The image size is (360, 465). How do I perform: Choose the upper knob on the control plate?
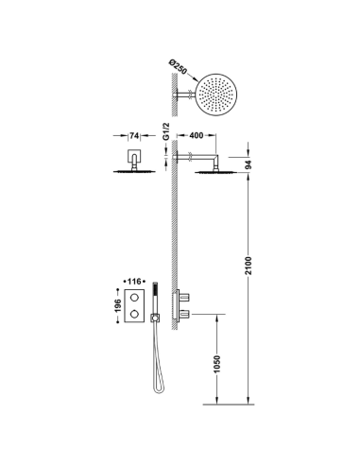[x=141, y=300]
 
